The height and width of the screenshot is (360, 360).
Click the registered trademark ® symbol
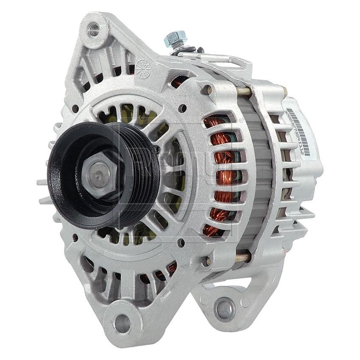pyautogui.click(x=242, y=121)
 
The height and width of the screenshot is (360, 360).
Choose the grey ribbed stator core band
pyautogui.click(x=258, y=174)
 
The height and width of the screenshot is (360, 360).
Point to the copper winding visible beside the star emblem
pyautogui.click(x=178, y=80)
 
